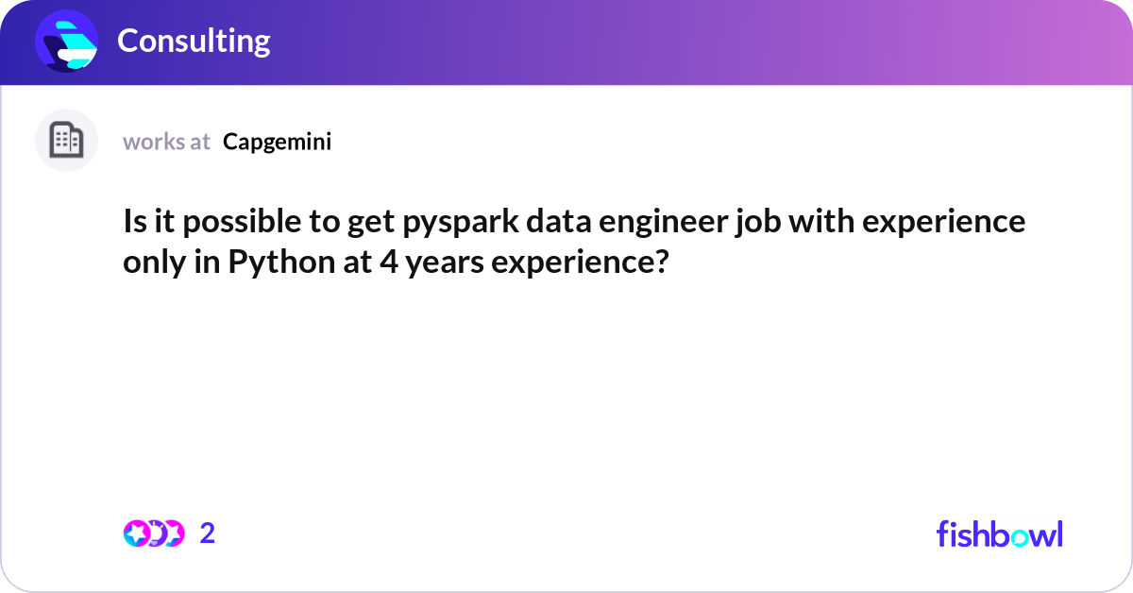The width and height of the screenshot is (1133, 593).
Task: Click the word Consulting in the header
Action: [x=194, y=41]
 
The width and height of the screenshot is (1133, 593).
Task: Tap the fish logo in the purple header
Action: [x=67, y=42]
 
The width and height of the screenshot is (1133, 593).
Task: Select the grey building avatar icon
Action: [x=66, y=141]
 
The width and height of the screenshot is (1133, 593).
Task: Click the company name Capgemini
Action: [x=277, y=142]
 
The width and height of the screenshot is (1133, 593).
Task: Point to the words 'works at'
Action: [x=166, y=142]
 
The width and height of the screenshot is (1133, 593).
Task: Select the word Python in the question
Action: [x=275, y=261]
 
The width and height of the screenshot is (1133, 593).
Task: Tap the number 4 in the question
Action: [x=387, y=261]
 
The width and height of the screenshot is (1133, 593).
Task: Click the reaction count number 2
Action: [x=208, y=534]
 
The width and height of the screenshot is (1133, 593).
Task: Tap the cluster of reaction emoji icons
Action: [x=153, y=534]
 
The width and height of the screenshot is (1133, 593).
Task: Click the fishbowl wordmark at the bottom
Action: [x=999, y=534]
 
